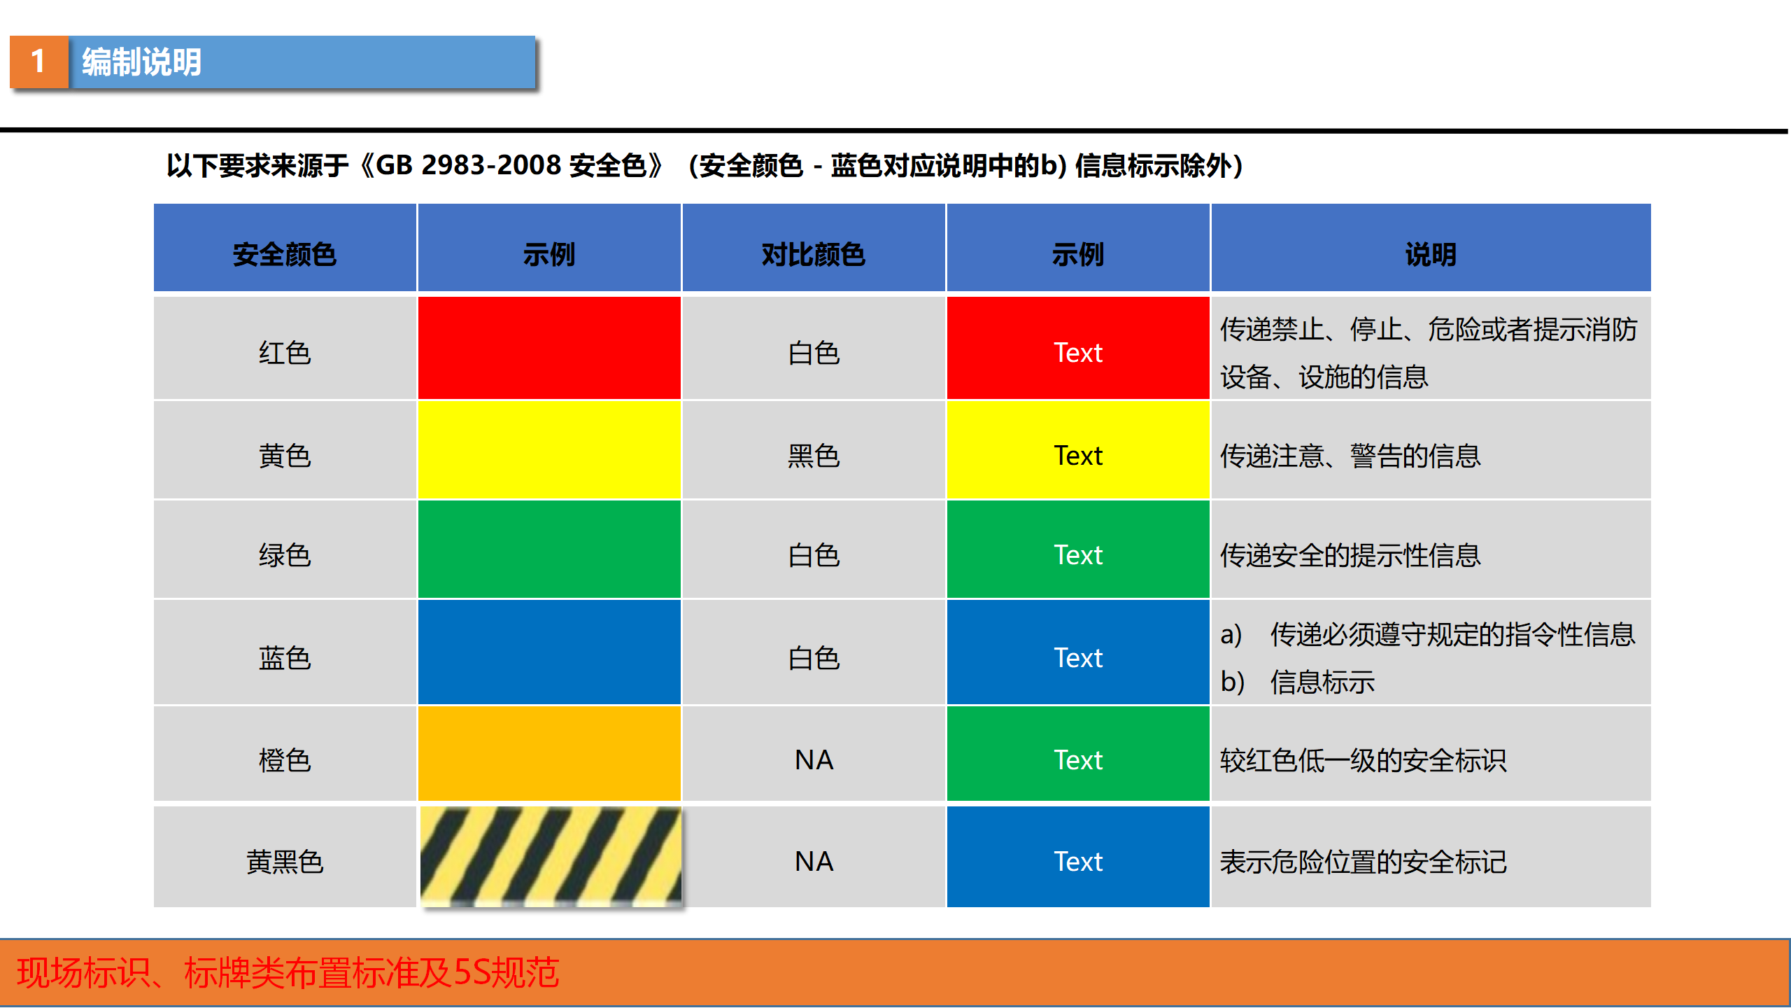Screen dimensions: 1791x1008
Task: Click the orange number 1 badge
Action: coord(39,62)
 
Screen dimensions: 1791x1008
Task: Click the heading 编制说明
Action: coord(142,62)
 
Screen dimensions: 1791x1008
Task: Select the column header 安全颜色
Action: coord(285,254)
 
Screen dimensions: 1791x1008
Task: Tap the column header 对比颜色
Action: coord(814,254)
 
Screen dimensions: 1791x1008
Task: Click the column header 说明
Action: coord(1431,254)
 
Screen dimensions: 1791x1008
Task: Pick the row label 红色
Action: coord(285,352)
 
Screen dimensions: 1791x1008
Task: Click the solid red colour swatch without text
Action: coord(549,348)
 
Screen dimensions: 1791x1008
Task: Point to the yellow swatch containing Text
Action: coord(1078,450)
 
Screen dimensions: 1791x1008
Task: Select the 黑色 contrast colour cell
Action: coord(814,456)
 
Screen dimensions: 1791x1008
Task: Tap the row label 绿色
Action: coord(285,555)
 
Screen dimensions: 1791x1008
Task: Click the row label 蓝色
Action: coord(285,658)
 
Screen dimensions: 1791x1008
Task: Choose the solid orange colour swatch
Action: coord(549,753)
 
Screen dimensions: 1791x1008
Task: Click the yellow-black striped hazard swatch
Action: coord(551,857)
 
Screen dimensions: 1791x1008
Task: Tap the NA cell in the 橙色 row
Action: coord(814,759)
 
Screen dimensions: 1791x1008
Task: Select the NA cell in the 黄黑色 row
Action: coord(814,861)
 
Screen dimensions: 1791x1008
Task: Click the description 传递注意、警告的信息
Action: coord(1350,456)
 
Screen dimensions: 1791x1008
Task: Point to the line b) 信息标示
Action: coord(1298,682)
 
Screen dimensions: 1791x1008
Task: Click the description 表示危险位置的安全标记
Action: coord(1364,862)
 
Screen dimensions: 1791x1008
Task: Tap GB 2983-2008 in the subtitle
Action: coord(469,165)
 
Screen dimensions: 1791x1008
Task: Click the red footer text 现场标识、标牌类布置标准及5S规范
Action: coord(288,972)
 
